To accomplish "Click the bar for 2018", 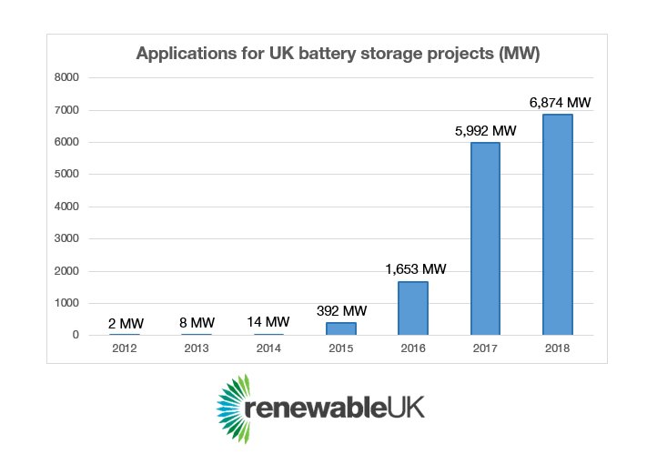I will coord(557,225).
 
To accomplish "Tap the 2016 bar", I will coord(413,308).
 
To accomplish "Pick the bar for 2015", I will coord(341,328).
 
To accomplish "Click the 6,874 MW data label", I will coord(561,103).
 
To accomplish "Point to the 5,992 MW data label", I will coord(486,131).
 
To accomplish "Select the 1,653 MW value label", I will coord(415,269).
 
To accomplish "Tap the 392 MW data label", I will coord(342,310).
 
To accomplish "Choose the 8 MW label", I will coord(197,321).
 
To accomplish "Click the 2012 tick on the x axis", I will coord(125,348).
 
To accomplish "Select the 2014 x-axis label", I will coord(268,348).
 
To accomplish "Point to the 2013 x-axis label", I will coord(197,348).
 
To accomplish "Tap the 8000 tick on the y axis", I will coord(68,78).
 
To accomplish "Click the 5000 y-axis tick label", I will coord(68,175).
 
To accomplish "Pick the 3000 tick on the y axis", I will coord(68,239).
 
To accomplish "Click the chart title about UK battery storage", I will coord(338,54).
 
